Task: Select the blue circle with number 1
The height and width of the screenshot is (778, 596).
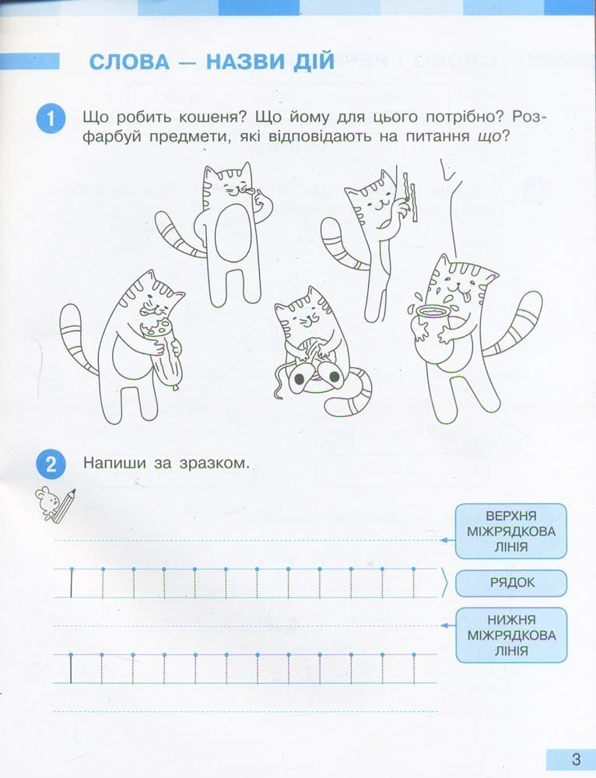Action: click(x=51, y=119)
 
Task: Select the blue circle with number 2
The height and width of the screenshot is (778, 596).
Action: click(x=51, y=465)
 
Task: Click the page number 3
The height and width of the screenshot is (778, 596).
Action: click(x=575, y=759)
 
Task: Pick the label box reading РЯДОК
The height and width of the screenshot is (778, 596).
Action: click(x=510, y=582)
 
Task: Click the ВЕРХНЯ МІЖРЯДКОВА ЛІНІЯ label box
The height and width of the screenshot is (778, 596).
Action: click(x=510, y=531)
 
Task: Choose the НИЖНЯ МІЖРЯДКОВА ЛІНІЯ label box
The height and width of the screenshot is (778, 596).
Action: click(x=510, y=634)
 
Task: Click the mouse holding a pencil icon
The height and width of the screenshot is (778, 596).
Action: click(x=54, y=504)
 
